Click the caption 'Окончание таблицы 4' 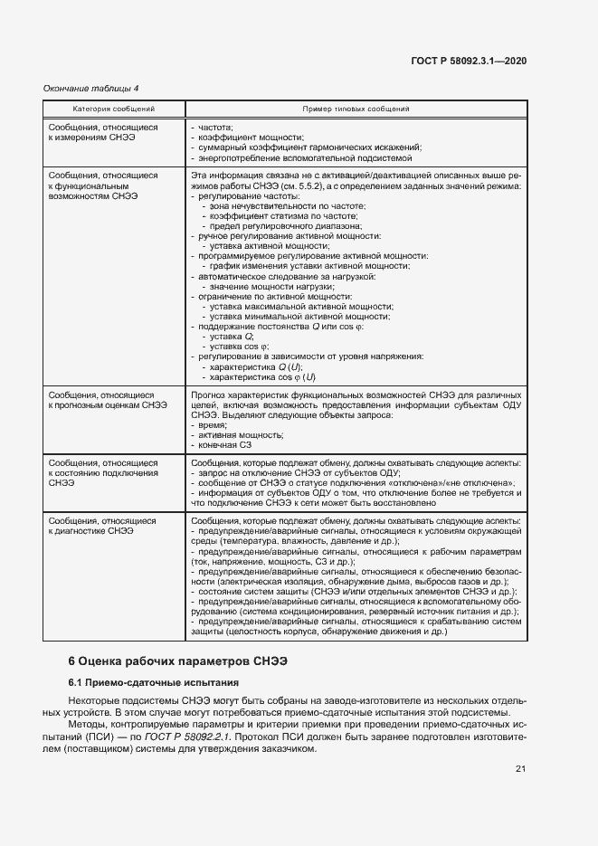point(91,88)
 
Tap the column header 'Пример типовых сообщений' point(356,109)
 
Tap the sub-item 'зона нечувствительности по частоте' point(288,206)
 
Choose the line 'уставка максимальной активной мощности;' point(299,307)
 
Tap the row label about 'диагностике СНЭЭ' point(102,526)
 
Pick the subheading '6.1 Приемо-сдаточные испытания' point(154,657)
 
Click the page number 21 point(519,769)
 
